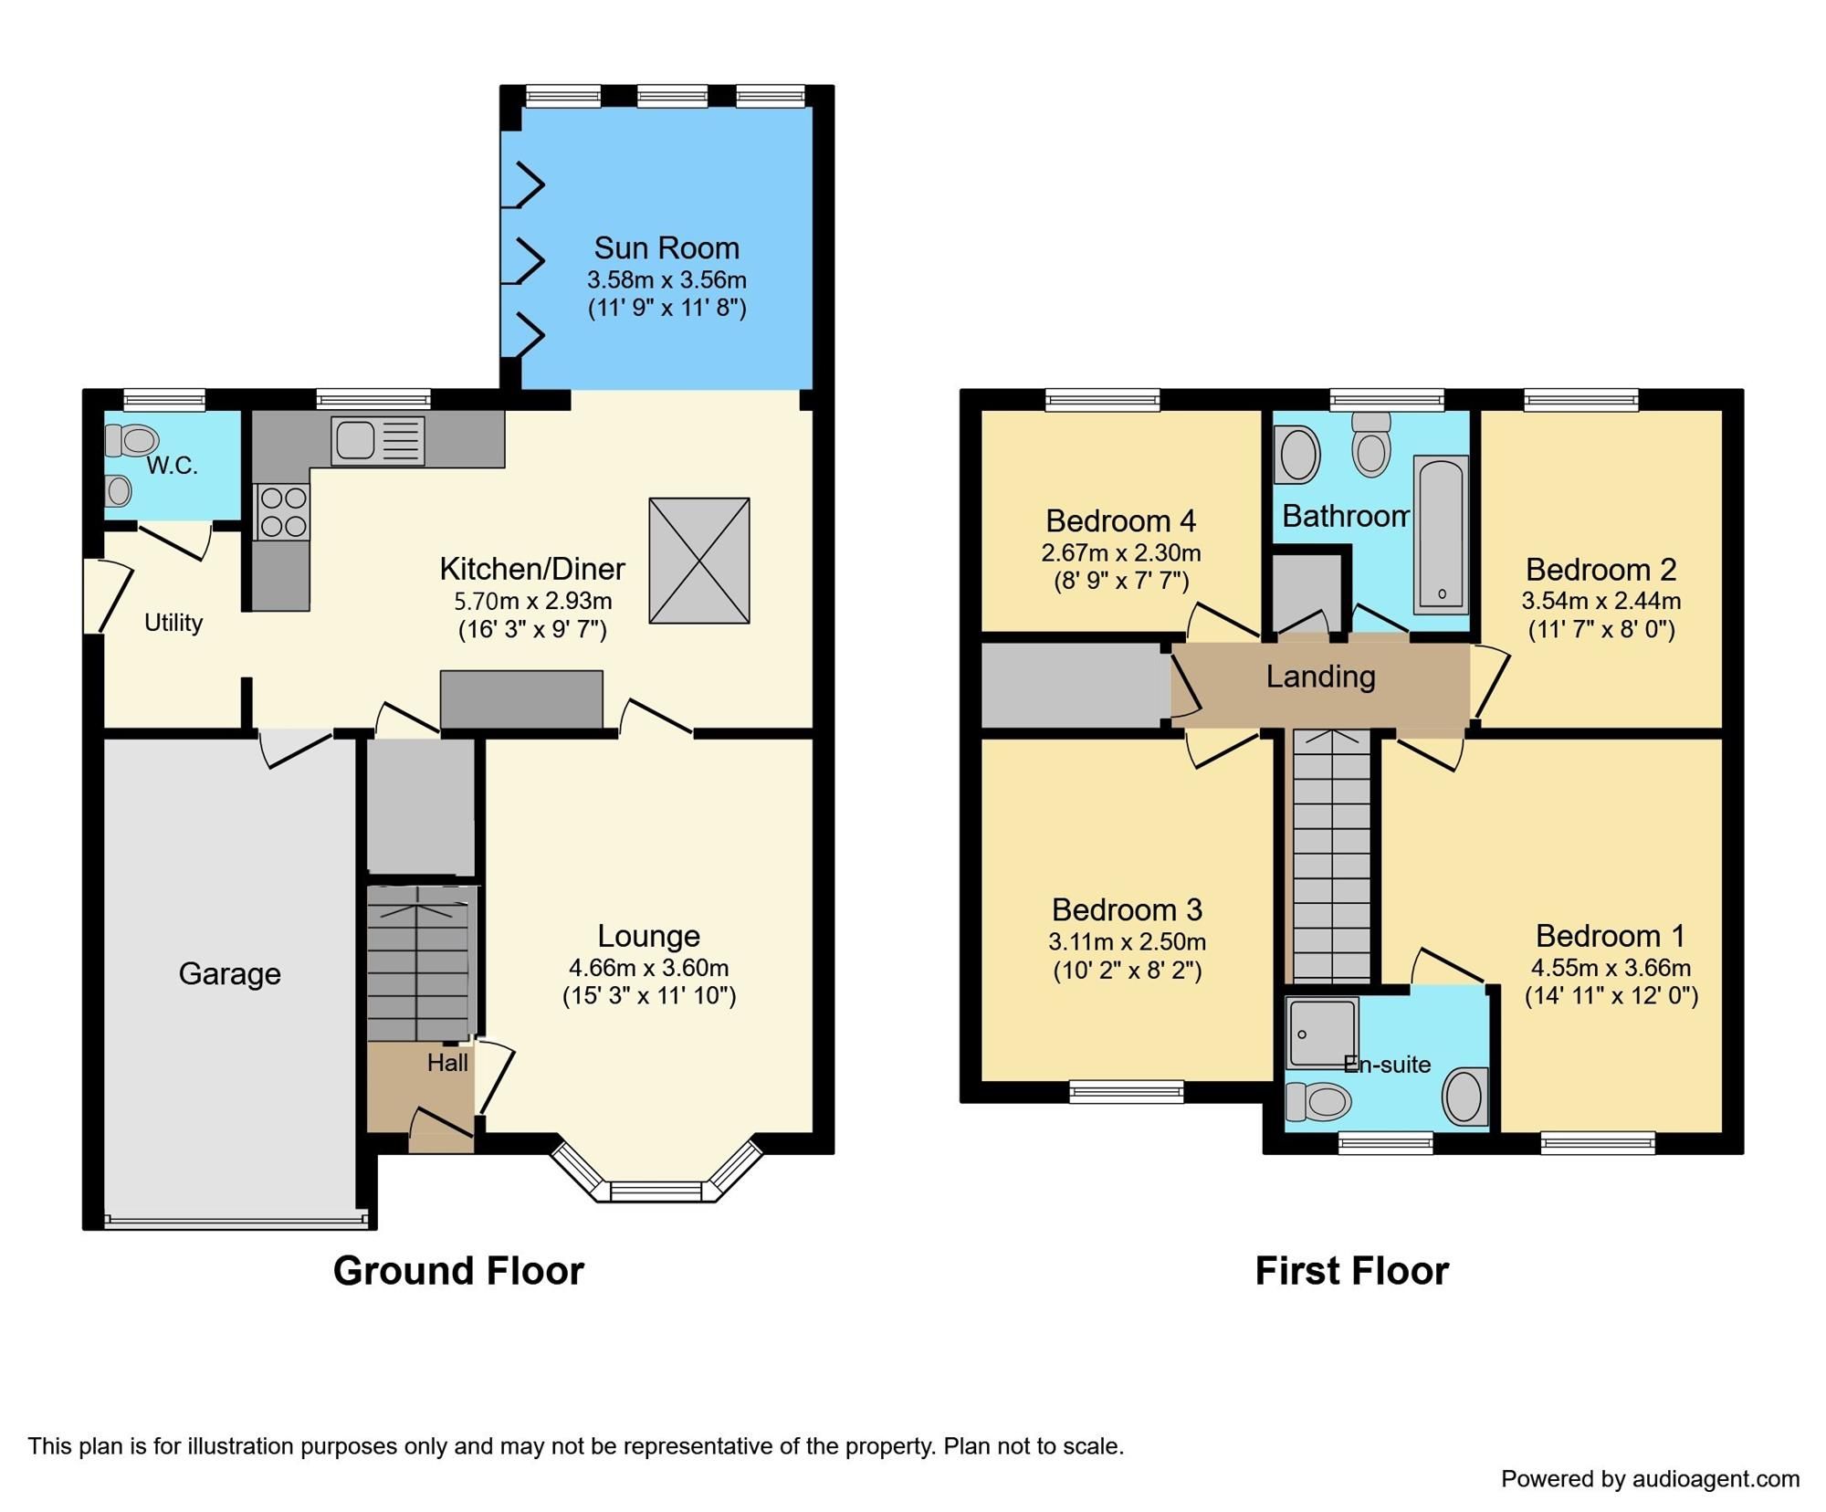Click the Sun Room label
click(666, 248)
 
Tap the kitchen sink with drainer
click(377, 441)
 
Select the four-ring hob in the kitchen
click(283, 512)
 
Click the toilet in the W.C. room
click(131, 441)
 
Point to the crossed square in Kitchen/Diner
click(699, 561)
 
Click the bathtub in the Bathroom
click(1441, 535)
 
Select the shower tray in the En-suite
click(1321, 1032)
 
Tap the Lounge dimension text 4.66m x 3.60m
click(648, 968)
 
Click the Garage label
click(229, 974)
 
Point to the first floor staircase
click(1332, 858)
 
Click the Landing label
click(1320, 677)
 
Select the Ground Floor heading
click(458, 1271)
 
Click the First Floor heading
click(1351, 1271)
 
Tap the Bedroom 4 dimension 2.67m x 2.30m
click(1120, 553)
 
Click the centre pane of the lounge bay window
click(656, 1191)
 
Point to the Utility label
click(173, 623)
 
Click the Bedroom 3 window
click(1126, 1091)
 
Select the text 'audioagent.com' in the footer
click(1716, 1479)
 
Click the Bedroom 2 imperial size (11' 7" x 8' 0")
click(1601, 629)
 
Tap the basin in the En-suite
click(1464, 1096)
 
